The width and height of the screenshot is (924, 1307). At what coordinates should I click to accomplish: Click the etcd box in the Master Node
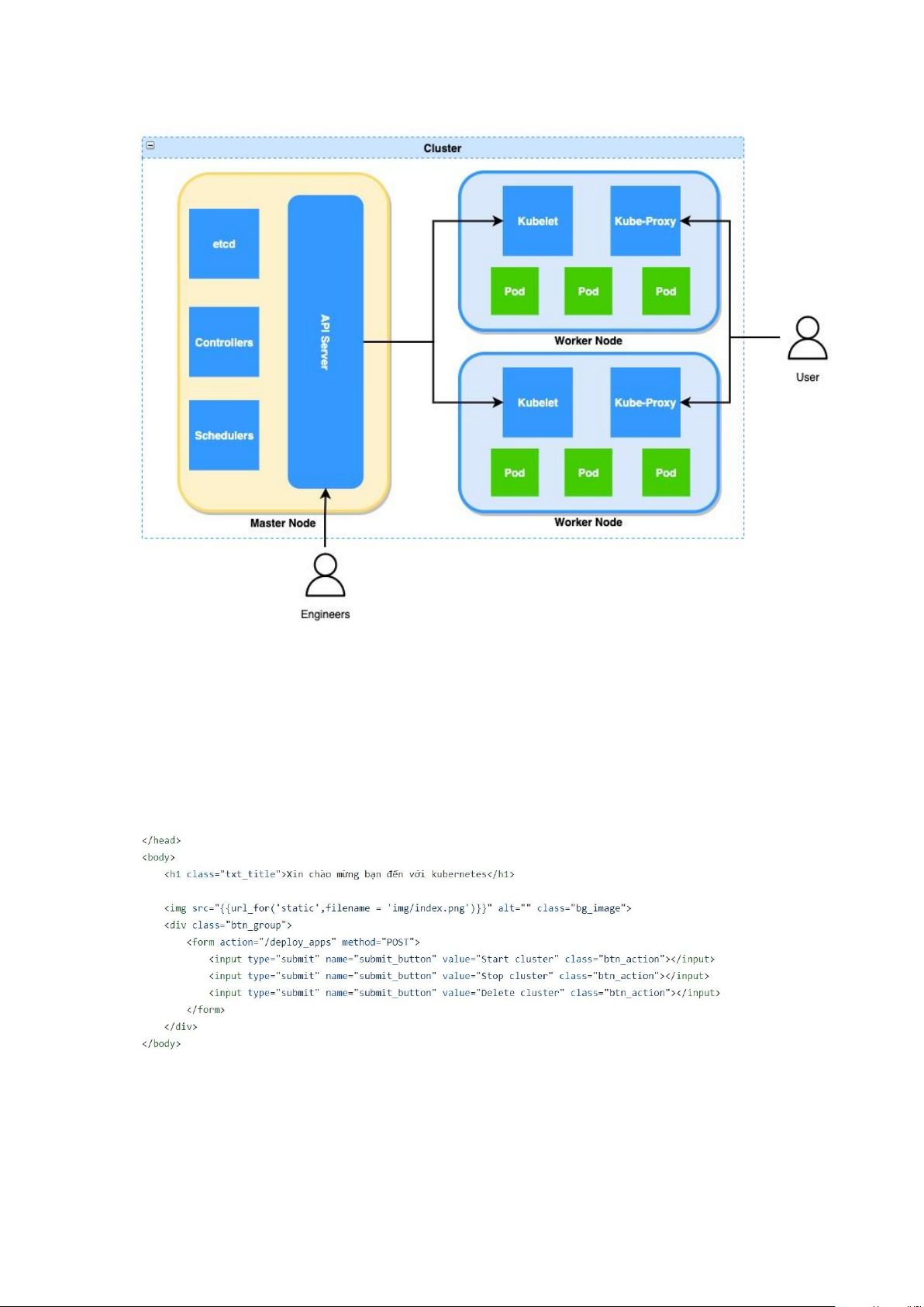click(224, 244)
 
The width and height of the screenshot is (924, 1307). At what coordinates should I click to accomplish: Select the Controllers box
click(224, 342)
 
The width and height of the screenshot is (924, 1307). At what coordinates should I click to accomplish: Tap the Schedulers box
click(224, 434)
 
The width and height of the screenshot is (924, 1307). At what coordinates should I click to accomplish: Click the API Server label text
click(325, 342)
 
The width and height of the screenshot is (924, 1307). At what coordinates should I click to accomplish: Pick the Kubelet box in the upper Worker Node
click(537, 220)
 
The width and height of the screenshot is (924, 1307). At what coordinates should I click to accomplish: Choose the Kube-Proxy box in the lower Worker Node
click(646, 402)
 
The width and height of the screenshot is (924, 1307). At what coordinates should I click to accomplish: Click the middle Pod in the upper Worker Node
click(588, 291)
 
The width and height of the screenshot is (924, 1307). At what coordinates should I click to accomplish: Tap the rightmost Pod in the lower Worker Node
click(666, 472)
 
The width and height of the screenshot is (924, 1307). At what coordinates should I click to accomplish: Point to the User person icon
click(808, 338)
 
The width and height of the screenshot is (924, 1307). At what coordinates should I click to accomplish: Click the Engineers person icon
click(326, 576)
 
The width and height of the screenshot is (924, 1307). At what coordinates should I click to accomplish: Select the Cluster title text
click(443, 148)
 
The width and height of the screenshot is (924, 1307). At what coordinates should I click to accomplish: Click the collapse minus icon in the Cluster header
click(150, 145)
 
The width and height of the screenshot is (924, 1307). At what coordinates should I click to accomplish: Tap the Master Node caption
click(283, 523)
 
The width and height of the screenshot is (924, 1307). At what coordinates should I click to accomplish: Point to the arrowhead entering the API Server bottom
click(326, 494)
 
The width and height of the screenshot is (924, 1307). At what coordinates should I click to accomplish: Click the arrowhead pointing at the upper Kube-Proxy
click(686, 220)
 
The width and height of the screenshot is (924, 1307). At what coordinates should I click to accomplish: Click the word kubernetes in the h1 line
click(459, 874)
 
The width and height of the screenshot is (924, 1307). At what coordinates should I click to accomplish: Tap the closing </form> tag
click(205, 1009)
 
